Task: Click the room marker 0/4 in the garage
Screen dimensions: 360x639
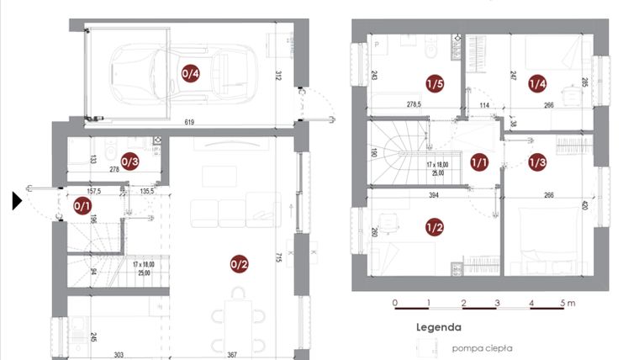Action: tap(191, 73)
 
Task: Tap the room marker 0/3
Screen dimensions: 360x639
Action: tap(129, 160)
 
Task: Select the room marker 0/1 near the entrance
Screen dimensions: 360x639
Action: tap(82, 204)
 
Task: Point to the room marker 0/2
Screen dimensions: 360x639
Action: tap(239, 264)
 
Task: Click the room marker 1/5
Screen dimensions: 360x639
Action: tap(434, 83)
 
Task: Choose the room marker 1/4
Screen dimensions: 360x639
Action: tap(537, 83)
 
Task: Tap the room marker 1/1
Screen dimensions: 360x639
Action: tap(479, 161)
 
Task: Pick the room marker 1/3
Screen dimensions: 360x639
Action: tap(537, 161)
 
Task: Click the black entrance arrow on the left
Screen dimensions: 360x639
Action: tap(18, 201)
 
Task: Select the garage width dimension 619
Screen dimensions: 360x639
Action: tap(190, 123)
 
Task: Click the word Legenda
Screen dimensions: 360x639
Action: tap(437, 327)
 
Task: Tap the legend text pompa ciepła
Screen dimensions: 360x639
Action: tap(482, 347)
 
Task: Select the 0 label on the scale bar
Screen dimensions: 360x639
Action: tap(395, 302)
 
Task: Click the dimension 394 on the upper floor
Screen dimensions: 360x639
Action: tap(435, 196)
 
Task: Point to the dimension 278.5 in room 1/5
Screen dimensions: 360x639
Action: tap(412, 105)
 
